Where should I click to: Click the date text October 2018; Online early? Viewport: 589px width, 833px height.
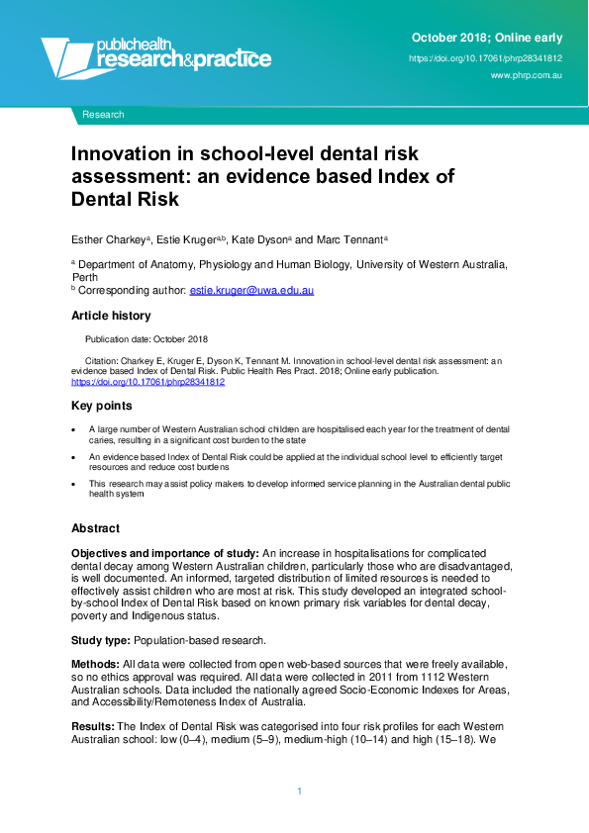(486, 38)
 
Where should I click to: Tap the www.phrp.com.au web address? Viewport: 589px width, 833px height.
(527, 76)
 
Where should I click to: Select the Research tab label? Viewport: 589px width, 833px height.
(103, 115)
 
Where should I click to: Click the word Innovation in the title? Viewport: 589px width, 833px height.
(119, 155)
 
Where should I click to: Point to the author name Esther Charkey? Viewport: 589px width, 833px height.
(108, 239)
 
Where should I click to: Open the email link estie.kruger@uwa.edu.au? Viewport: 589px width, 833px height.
(251, 290)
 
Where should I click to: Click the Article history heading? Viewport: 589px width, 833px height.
(111, 316)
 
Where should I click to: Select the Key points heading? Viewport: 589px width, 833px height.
(101, 407)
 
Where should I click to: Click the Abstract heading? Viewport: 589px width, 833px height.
(95, 528)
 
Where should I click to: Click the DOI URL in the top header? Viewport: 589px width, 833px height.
(485, 58)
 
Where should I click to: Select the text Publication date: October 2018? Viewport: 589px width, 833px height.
(152, 339)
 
